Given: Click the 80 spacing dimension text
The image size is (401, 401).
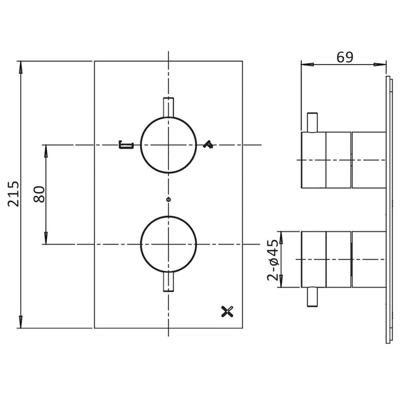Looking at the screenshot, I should tap(40, 194).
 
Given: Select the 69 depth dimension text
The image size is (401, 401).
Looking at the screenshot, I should tap(344, 57).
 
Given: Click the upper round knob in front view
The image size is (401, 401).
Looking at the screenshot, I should tap(168, 145).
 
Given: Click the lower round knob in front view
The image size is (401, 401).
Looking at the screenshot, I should tap(168, 244).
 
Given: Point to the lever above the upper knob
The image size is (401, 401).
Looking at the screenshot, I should tap(168, 107).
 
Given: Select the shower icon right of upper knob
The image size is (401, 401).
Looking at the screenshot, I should tap(209, 146).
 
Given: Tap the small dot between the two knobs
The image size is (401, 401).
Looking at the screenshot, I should tap(168, 199).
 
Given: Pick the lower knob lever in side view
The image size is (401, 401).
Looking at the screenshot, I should tap(312, 297).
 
